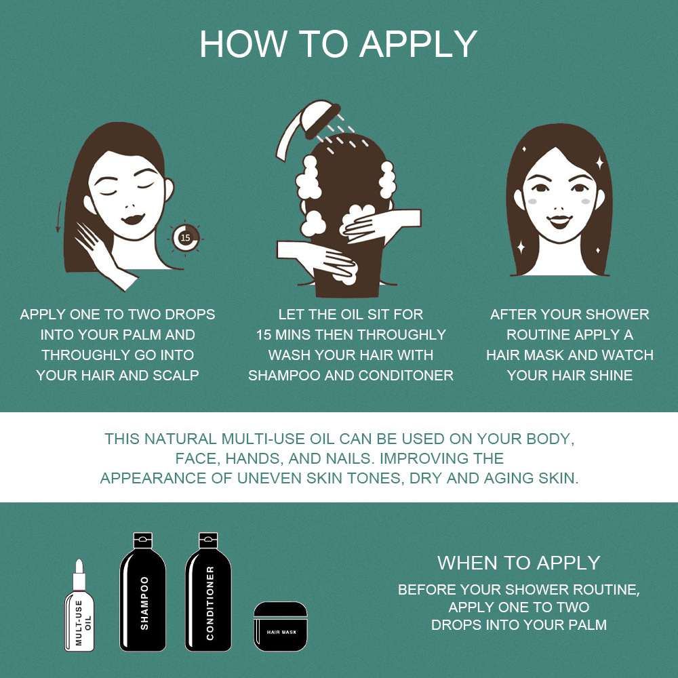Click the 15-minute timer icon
coord(186,237)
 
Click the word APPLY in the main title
coord(418,44)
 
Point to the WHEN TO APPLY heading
coord(519,563)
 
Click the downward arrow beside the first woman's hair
coord(59,216)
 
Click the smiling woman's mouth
coord(559,222)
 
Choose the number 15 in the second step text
coord(263,335)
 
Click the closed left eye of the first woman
coord(107,189)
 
